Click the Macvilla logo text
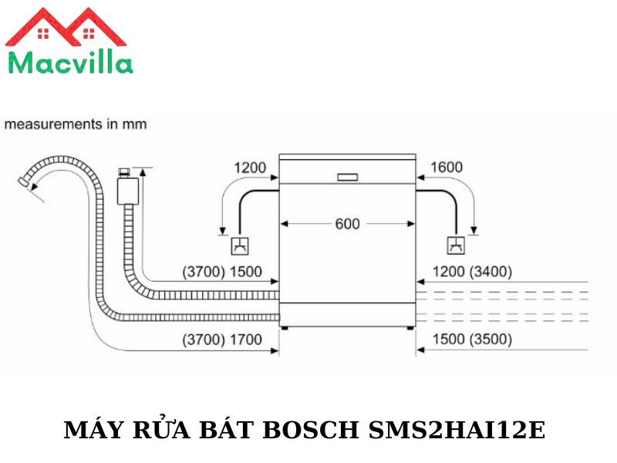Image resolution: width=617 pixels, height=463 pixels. pyautogui.click(x=70, y=63)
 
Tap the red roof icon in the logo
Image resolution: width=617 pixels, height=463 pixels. pyautogui.click(x=66, y=28)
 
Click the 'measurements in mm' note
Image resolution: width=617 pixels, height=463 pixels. pyautogui.click(x=76, y=124)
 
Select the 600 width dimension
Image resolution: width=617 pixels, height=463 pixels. pyautogui.click(x=348, y=224)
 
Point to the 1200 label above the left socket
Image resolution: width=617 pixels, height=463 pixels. pyautogui.click(x=250, y=167)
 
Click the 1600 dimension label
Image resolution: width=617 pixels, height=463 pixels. pyautogui.click(x=447, y=167)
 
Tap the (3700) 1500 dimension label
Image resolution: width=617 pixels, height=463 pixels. pyautogui.click(x=222, y=272)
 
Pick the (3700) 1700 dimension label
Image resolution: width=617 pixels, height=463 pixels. pyautogui.click(x=222, y=340)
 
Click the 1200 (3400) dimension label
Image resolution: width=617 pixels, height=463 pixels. pyautogui.click(x=472, y=272)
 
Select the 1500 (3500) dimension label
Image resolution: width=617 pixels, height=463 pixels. pyautogui.click(x=472, y=339)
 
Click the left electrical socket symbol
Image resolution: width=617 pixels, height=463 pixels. pyautogui.click(x=240, y=246)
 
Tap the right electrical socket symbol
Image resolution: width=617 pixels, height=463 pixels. pyautogui.click(x=456, y=245)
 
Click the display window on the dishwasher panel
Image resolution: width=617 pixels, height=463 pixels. pyautogui.click(x=348, y=177)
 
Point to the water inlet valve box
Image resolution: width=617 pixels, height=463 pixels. pyautogui.click(x=128, y=191)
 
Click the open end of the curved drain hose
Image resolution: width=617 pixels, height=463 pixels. pyautogui.click(x=24, y=182)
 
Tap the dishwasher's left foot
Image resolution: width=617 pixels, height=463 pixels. pyautogui.click(x=284, y=327)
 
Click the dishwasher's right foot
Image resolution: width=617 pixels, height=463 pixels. pyautogui.click(x=410, y=327)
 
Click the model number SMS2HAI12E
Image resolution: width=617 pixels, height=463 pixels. pyautogui.click(x=457, y=430)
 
